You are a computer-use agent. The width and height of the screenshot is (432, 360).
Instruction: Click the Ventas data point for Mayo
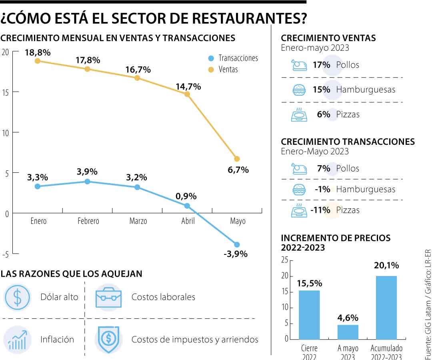pyautogui.click(x=237, y=159)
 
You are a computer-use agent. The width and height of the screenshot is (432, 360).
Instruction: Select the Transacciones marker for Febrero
pyautogui.click(x=87, y=182)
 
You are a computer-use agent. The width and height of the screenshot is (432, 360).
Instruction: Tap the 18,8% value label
pyautogui.click(x=37, y=52)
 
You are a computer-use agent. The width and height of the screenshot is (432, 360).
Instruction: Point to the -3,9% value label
pyautogui.click(x=235, y=254)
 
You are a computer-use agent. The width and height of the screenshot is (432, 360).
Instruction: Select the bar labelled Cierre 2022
pyautogui.click(x=309, y=314)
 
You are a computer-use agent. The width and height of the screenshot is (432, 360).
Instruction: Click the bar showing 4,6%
pyautogui.click(x=348, y=332)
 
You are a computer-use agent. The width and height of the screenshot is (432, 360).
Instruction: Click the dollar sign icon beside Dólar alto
pyautogui.click(x=17, y=297)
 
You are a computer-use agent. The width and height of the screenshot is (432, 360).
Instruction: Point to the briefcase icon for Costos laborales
pyautogui.click(x=108, y=297)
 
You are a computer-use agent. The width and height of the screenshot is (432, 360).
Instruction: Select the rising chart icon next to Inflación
pyautogui.click(x=17, y=340)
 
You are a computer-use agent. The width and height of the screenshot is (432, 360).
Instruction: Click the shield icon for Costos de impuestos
pyautogui.click(x=108, y=340)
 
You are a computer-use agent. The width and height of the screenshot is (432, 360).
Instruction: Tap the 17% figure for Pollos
pyautogui.click(x=321, y=65)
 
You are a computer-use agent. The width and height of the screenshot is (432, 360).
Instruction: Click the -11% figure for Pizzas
pyautogui.click(x=321, y=210)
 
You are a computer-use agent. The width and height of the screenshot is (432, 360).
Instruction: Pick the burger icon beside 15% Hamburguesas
pyautogui.click(x=299, y=90)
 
